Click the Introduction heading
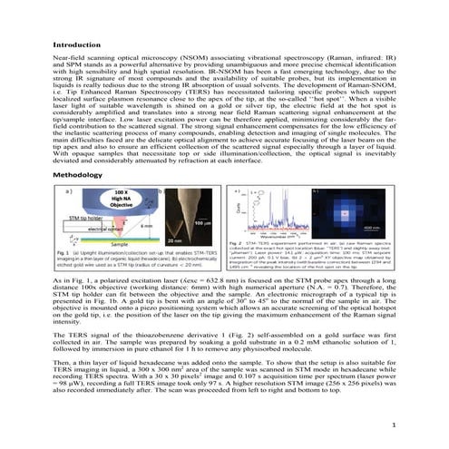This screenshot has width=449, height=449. [x=81, y=44]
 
